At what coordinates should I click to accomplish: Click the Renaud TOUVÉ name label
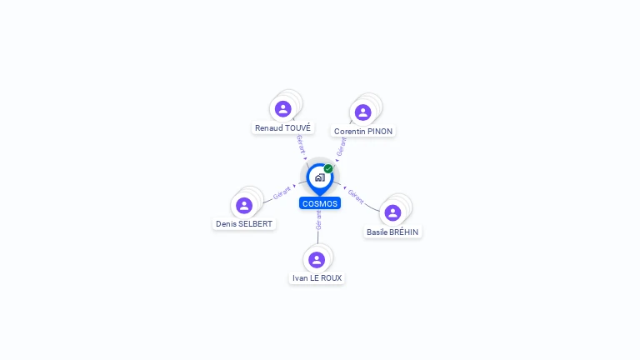point(283,128)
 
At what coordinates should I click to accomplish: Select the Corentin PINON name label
point(362,132)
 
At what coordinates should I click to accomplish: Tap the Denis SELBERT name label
point(244,224)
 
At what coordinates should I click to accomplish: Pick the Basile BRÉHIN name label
point(393,232)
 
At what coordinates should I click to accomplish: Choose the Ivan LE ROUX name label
point(317,278)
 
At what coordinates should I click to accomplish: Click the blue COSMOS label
point(320,203)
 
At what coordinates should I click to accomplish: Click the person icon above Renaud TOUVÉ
point(283,108)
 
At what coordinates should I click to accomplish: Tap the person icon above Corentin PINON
point(362,112)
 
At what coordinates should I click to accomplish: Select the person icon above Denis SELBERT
point(244,205)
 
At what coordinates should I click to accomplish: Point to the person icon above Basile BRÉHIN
point(392,212)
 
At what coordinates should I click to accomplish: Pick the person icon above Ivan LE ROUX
point(317,259)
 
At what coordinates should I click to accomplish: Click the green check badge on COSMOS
point(328,169)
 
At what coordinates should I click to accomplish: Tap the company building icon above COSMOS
point(319,177)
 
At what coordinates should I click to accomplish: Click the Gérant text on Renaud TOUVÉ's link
point(301,144)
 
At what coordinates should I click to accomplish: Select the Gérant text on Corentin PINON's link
point(341,147)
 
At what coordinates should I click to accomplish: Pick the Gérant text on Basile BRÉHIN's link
point(356,197)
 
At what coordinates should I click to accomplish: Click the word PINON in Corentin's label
point(379,132)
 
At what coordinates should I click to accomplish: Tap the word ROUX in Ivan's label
point(331,278)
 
